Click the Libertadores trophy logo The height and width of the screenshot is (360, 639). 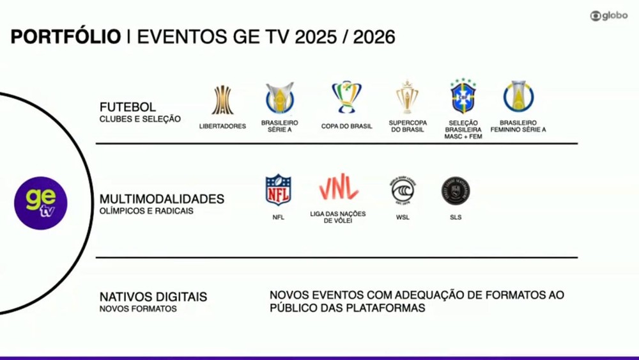[x=222, y=100]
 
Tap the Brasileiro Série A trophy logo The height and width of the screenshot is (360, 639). [x=280, y=98]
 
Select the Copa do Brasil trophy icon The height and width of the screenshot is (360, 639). [x=346, y=97]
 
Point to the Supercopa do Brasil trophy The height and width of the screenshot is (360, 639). [x=407, y=97]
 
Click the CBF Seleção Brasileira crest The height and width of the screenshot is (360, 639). [x=463, y=96]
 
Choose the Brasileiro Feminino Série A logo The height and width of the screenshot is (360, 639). [x=518, y=97]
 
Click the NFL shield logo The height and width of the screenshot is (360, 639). [x=279, y=190]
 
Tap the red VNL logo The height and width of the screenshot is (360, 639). [x=338, y=187]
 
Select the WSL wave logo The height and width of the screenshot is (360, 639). [x=403, y=191]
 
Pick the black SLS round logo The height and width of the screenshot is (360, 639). [x=456, y=191]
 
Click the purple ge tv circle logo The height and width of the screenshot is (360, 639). [x=41, y=203]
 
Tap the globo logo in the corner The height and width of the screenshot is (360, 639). [x=609, y=16]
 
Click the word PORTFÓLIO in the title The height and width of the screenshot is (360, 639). [x=66, y=36]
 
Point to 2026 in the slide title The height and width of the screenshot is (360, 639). [x=374, y=36]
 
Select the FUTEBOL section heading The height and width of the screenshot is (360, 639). [x=128, y=107]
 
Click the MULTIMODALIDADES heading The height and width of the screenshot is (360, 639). [x=162, y=199]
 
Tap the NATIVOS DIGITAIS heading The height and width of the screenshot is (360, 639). [x=153, y=297]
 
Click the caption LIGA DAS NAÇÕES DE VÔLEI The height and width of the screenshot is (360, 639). [x=338, y=217]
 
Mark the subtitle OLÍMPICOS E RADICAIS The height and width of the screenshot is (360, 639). [x=146, y=211]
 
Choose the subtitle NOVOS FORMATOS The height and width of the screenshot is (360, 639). [x=138, y=309]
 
